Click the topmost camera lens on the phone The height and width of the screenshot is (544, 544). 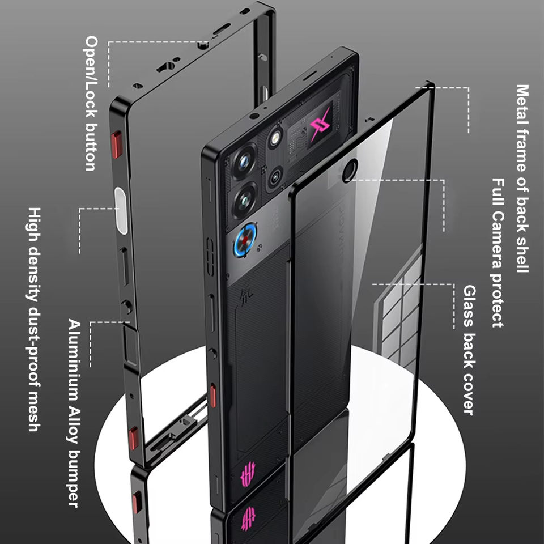point(245,161)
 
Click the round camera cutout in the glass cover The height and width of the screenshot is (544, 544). point(350,169)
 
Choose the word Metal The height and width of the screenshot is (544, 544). point(522,107)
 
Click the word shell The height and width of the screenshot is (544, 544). point(522,250)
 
